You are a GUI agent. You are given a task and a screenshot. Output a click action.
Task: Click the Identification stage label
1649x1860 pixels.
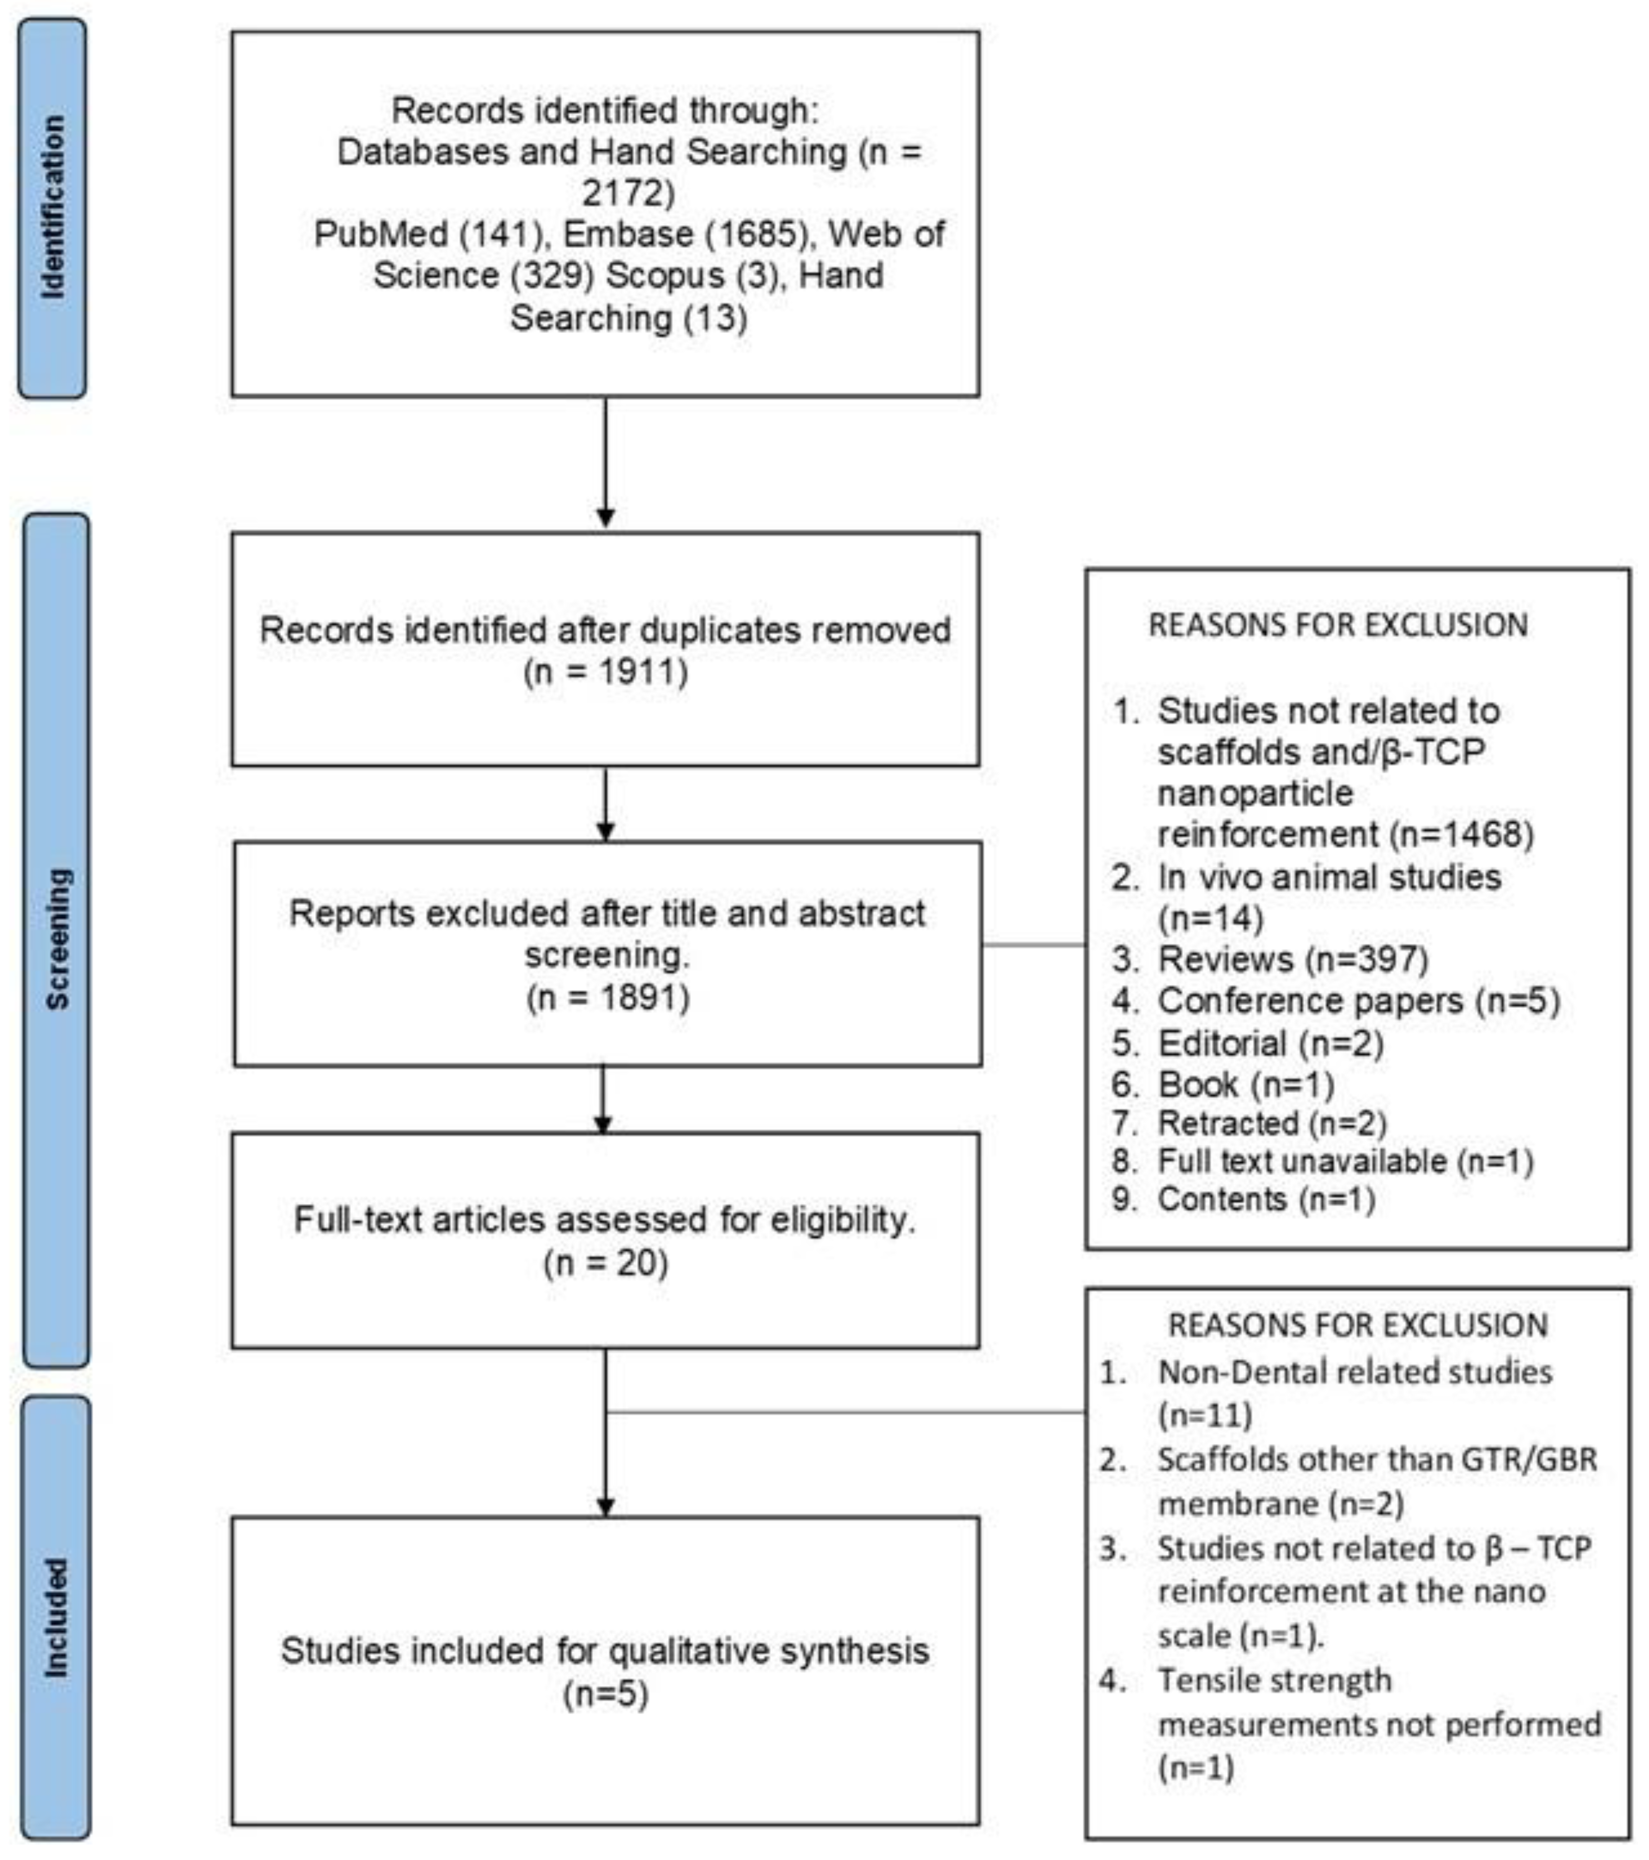pyautogui.click(x=53, y=207)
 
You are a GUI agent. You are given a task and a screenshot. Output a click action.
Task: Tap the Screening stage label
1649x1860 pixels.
pyautogui.click(x=56, y=939)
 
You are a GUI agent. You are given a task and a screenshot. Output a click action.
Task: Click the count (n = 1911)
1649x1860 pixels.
pyautogui.click(x=605, y=672)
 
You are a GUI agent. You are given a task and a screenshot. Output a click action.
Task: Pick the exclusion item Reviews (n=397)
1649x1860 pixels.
pyautogui.click(x=1292, y=959)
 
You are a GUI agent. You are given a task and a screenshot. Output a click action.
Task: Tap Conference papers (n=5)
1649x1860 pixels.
pyautogui.click(x=1358, y=1001)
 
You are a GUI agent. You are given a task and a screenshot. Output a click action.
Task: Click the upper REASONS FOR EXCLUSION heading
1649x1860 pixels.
pyautogui.click(x=1338, y=625)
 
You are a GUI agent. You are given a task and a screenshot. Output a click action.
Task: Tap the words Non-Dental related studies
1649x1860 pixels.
pyautogui.click(x=1354, y=1372)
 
